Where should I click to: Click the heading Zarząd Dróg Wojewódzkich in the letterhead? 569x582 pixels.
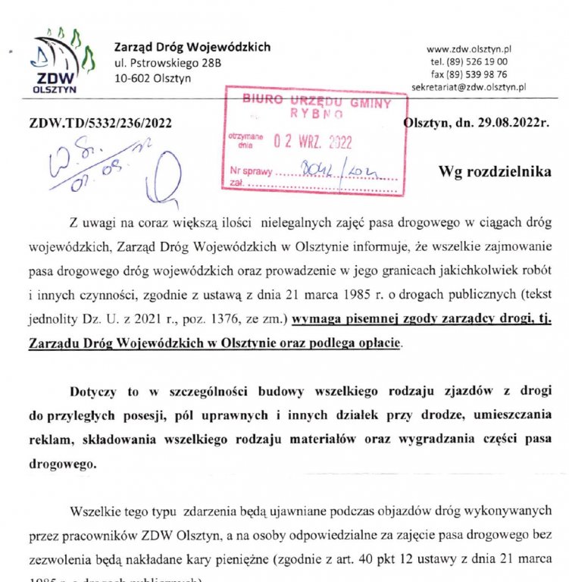click(x=192, y=47)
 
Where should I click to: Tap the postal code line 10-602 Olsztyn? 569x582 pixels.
click(x=152, y=77)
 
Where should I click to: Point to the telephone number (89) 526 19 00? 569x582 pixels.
click(x=478, y=61)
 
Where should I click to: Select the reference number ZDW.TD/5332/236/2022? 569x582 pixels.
click(x=100, y=124)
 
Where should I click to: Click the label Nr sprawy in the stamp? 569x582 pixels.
click(x=251, y=171)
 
